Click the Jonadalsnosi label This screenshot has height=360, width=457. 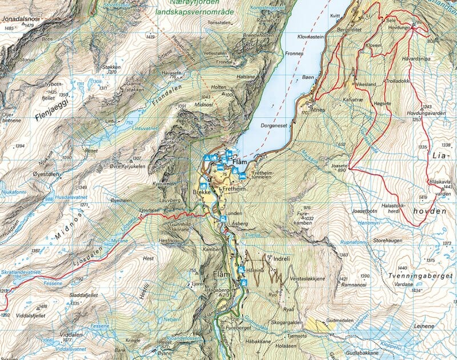click(x=21, y=19)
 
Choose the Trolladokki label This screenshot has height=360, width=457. click(x=398, y=82)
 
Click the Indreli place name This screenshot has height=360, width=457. click(x=283, y=258)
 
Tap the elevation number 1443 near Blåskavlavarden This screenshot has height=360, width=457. click(x=447, y=187)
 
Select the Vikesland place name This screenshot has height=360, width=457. click(x=365, y=84)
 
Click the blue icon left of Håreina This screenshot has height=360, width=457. click(x=241, y=270)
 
